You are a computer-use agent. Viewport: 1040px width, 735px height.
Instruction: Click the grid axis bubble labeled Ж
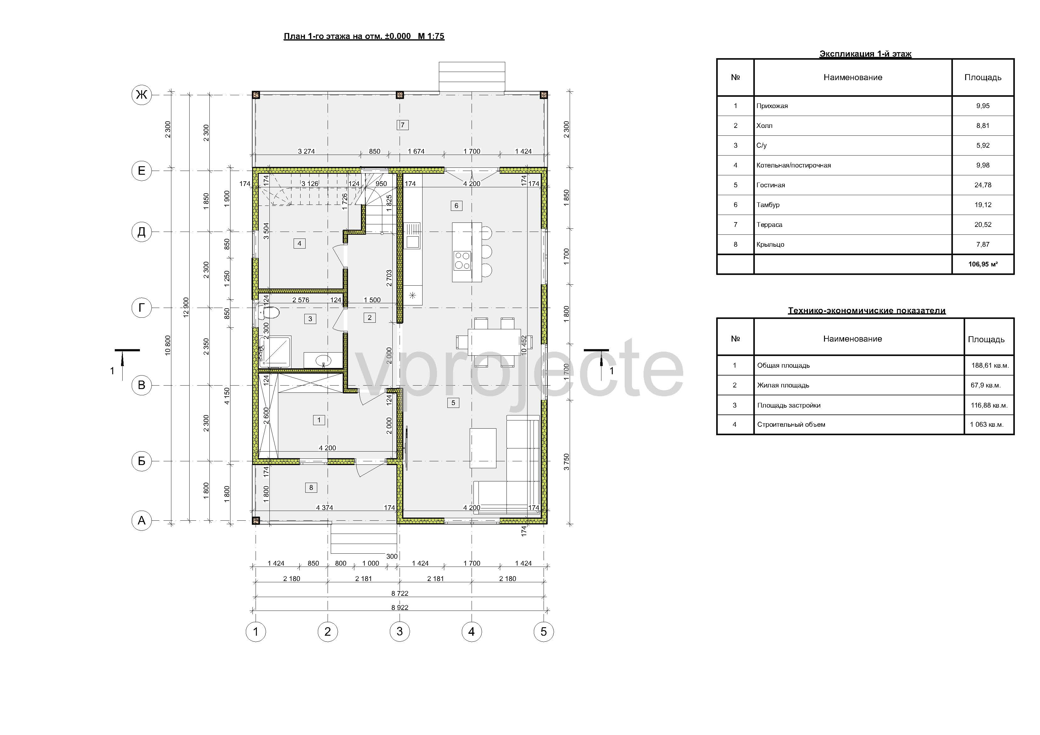coord(141,95)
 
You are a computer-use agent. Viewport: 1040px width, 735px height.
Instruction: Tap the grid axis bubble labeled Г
coord(141,308)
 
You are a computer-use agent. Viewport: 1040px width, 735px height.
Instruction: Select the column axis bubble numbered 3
coord(400,631)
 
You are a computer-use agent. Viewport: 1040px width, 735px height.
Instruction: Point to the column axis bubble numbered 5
coord(544,631)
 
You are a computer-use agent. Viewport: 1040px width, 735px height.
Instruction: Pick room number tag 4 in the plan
coord(299,244)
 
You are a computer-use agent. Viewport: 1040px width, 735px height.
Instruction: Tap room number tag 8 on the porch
coord(311,488)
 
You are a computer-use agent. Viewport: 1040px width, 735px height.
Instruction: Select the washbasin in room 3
coord(323,360)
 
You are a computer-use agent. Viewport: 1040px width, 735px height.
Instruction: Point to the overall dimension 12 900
coord(186,308)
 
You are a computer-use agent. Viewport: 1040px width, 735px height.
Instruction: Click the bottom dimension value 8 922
coord(400,608)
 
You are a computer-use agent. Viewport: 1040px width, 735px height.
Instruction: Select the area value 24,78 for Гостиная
coord(983,185)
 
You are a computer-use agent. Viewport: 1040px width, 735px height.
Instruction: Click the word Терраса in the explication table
coord(769,225)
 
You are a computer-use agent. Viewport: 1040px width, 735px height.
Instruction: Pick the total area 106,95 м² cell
coord(983,264)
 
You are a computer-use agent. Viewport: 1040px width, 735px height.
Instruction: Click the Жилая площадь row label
coord(783,385)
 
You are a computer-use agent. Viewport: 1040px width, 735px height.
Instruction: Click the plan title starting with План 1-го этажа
coord(364,36)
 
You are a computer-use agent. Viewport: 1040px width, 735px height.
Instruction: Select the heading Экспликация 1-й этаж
coord(865,54)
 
